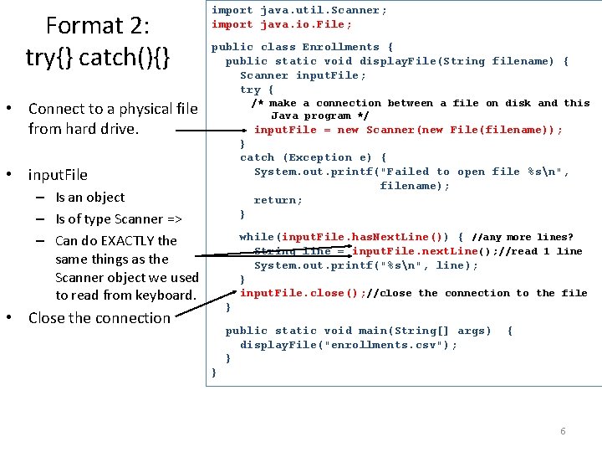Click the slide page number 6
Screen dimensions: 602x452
[x=563, y=431]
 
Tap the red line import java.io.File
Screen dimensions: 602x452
[x=282, y=24]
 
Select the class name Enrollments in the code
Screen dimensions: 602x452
[x=340, y=47]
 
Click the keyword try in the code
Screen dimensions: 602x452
[x=250, y=90]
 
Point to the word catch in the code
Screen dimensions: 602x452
[x=258, y=157]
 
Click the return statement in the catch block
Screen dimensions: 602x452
[x=278, y=200]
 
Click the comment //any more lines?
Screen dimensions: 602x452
[x=522, y=237]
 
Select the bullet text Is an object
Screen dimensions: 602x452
[x=90, y=198]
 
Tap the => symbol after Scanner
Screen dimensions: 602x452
[x=174, y=219]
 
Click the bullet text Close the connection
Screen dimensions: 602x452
[x=99, y=318]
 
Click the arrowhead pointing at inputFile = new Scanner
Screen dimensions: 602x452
[x=244, y=131]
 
